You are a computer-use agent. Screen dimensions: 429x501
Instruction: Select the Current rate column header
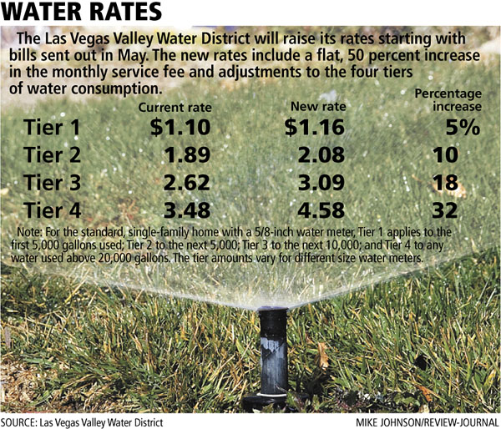(175, 108)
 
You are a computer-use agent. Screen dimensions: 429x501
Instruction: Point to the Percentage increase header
(448, 101)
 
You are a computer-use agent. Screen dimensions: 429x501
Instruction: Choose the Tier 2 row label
(54, 155)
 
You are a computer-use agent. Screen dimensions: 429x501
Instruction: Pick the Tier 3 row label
(54, 182)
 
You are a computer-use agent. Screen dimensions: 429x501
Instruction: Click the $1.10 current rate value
(180, 129)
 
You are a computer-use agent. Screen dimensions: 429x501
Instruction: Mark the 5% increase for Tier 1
(462, 129)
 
